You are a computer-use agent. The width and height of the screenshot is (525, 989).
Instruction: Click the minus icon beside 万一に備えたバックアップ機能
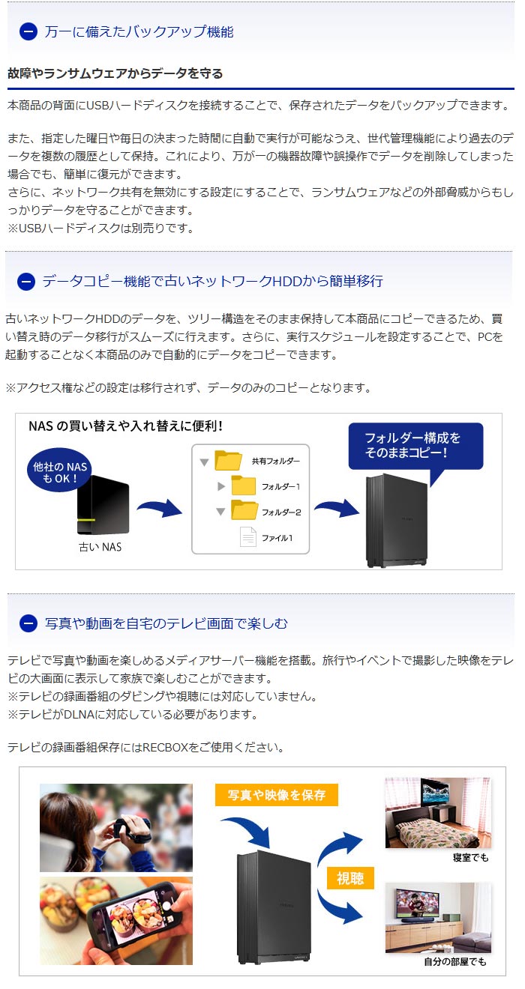(28, 31)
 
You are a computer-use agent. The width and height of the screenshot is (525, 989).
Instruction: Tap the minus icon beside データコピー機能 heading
(26, 281)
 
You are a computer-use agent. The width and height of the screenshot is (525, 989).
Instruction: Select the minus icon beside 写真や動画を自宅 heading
(28, 623)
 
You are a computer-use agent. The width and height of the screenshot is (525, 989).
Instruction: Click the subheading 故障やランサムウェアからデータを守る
(115, 73)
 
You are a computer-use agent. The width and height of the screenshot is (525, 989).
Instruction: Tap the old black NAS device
(105, 507)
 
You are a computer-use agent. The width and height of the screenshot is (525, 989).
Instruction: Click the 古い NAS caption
(100, 547)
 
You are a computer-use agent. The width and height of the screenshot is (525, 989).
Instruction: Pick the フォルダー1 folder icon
(244, 486)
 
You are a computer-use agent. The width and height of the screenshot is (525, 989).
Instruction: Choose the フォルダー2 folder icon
(244, 511)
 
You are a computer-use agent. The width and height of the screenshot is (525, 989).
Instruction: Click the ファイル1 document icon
(247, 536)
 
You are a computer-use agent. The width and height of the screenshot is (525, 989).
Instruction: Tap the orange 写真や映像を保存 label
(276, 794)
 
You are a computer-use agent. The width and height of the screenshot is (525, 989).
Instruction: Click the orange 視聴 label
(350, 877)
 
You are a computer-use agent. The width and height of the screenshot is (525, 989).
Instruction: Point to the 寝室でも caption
(470, 857)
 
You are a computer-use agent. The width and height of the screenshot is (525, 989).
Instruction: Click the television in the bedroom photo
(439, 794)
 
